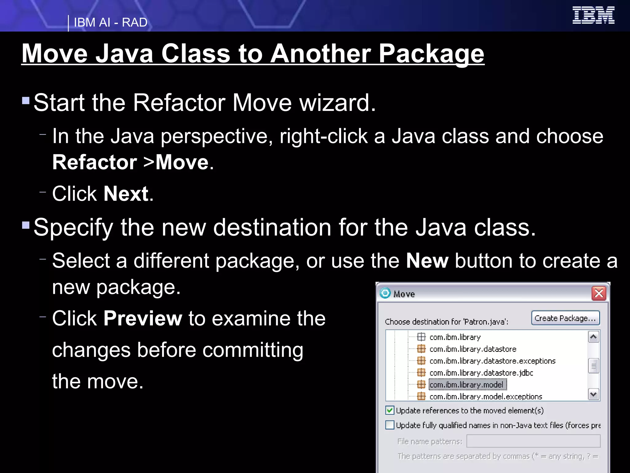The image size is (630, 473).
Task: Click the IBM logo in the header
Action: (593, 15)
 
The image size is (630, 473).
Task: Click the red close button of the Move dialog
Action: (599, 293)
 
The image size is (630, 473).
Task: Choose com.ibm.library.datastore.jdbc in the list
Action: (481, 373)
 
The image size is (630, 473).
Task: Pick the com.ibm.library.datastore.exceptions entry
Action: (492, 361)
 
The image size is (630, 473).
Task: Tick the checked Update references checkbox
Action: (390, 410)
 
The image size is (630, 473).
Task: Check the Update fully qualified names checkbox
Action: (390, 425)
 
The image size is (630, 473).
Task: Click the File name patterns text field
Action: (533, 441)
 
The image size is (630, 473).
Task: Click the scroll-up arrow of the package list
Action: (593, 337)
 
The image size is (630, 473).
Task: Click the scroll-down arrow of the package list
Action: (593, 394)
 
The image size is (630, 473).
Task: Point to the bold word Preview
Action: (143, 318)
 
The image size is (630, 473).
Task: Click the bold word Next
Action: (126, 194)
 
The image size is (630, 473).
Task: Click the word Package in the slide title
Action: (431, 54)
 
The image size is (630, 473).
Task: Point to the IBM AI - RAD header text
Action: (110, 22)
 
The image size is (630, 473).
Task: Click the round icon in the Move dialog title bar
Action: (385, 293)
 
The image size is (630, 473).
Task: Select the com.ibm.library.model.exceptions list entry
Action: (485, 397)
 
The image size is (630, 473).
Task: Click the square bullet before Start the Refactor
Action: (26, 101)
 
